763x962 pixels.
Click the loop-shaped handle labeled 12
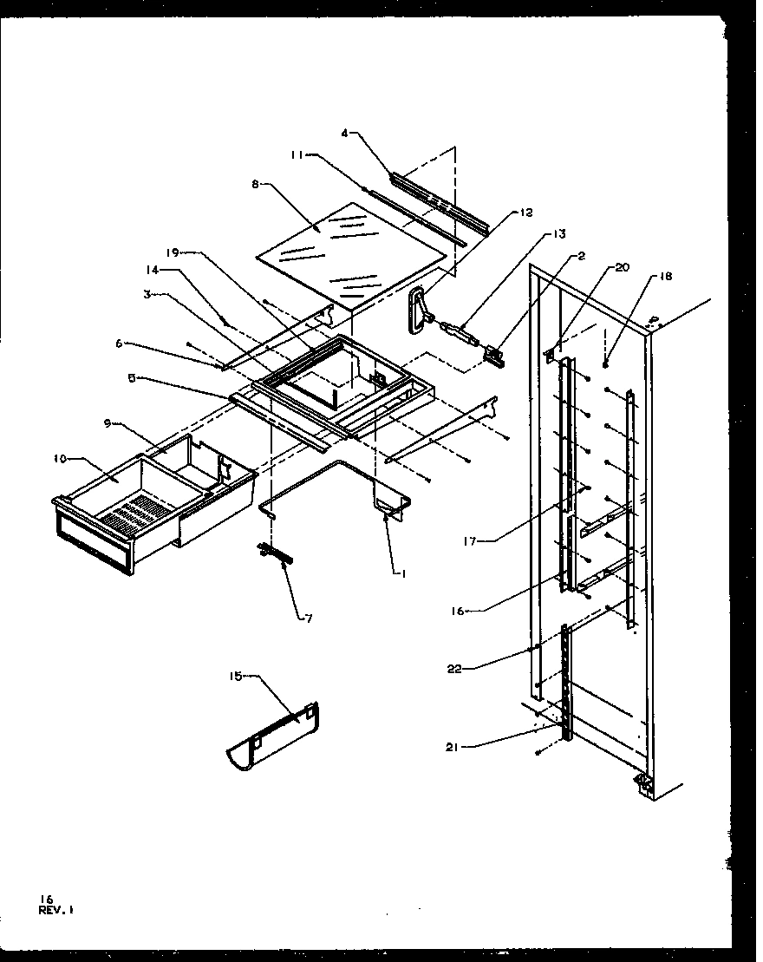coord(420,310)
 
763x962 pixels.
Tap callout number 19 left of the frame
coord(171,252)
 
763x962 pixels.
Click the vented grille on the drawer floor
coord(132,514)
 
